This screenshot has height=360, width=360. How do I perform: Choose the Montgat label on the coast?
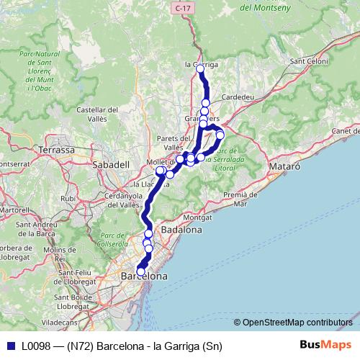click(x=198, y=216)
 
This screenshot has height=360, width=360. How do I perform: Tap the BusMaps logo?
click(x=326, y=346)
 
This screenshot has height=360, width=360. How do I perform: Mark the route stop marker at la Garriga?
click(x=201, y=71)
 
